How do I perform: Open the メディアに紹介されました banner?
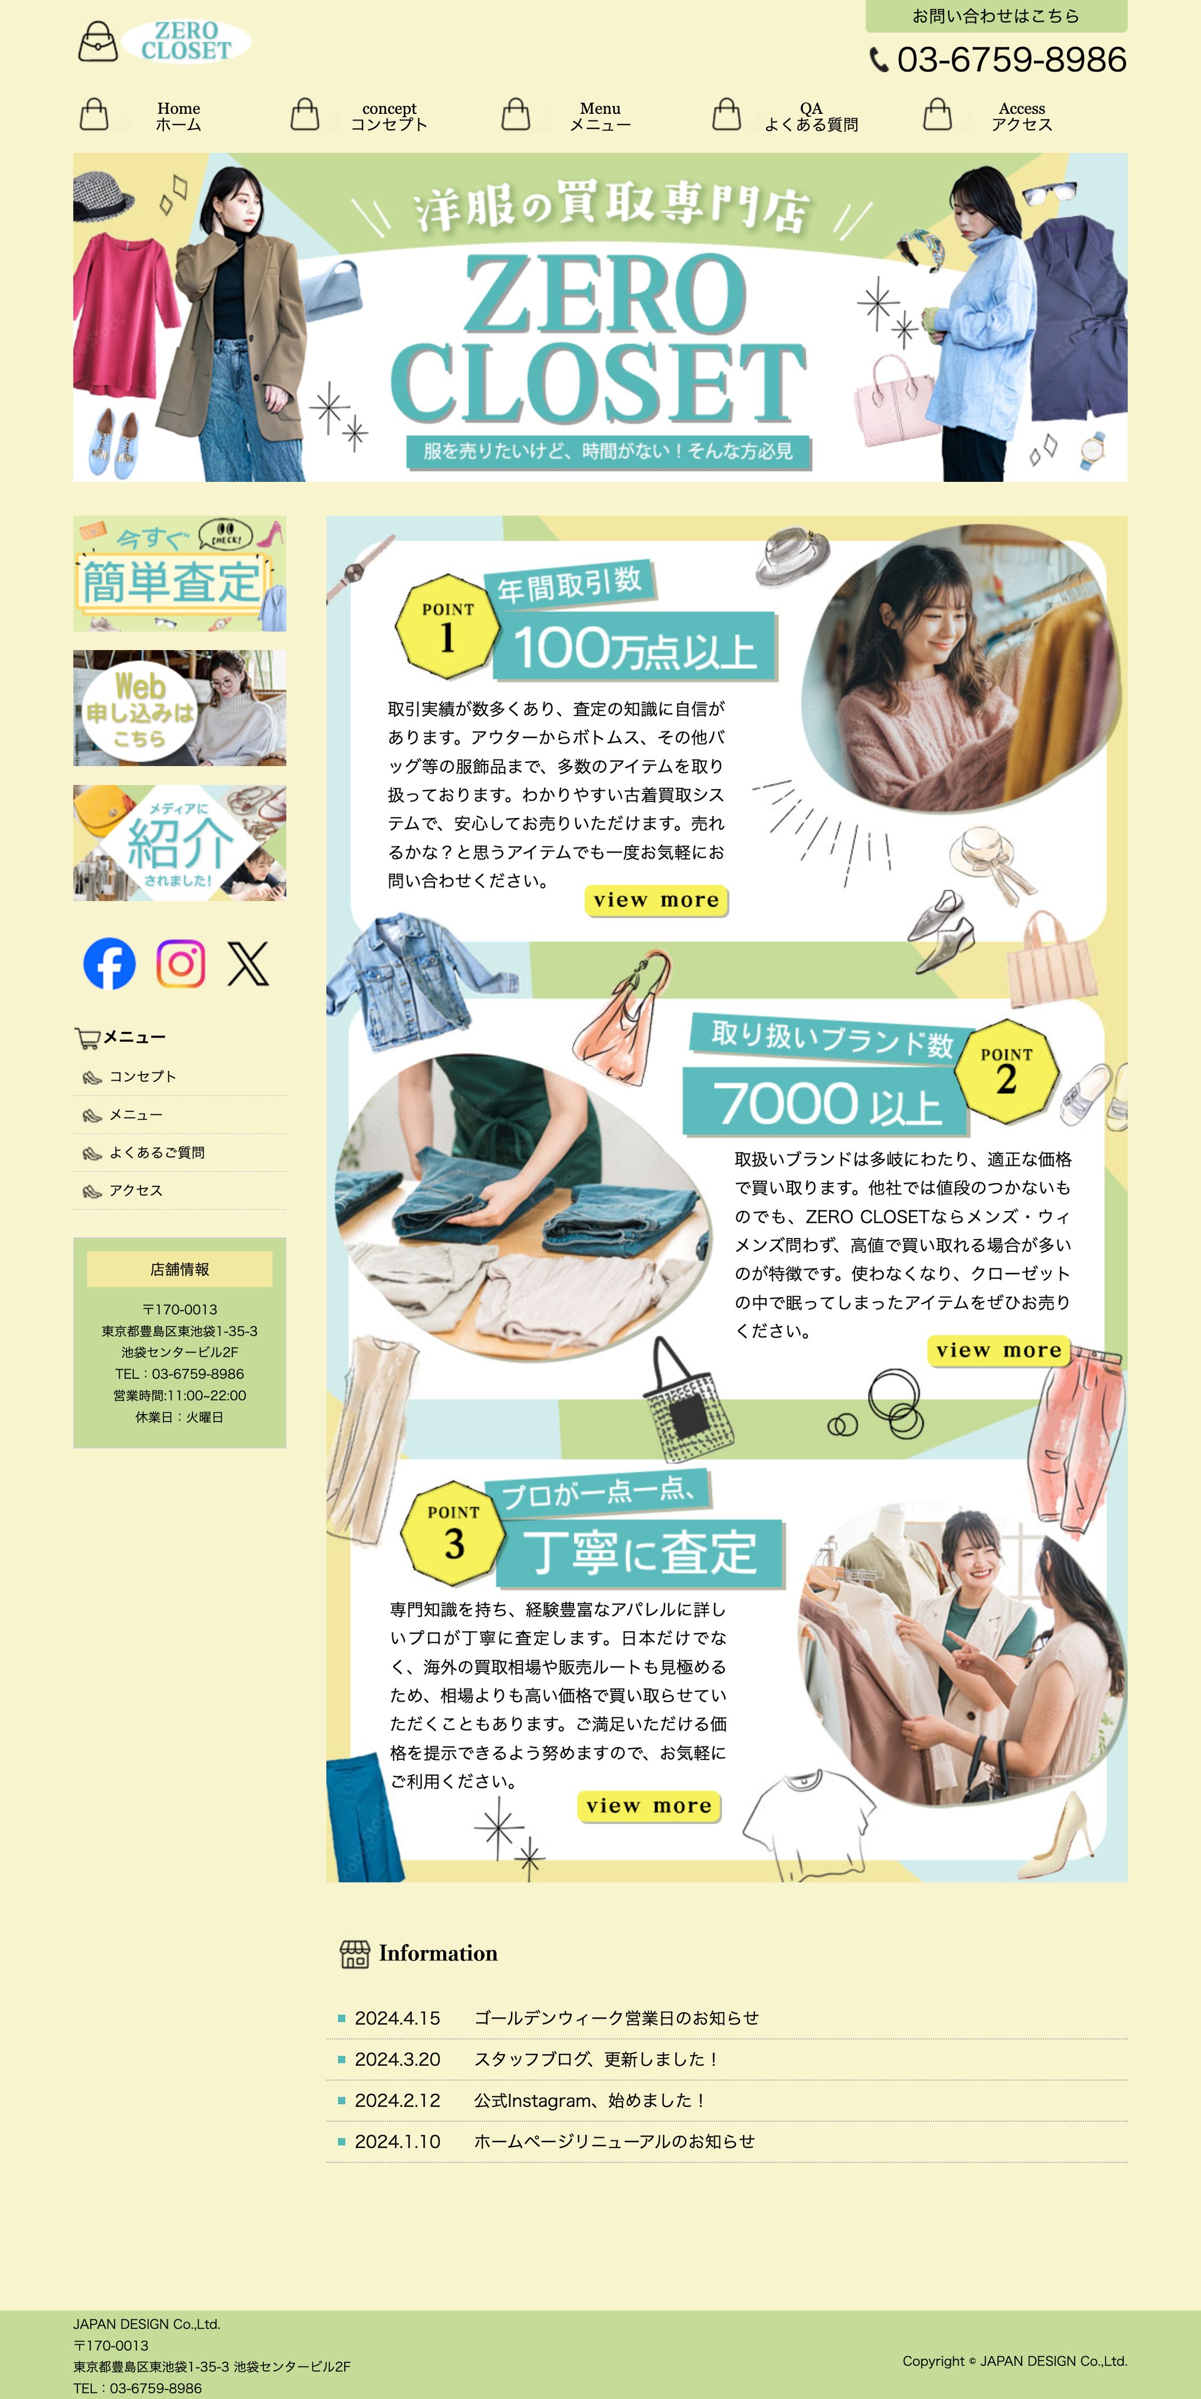[180, 843]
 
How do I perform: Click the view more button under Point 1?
[657, 900]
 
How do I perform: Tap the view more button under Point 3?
[649, 1806]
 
